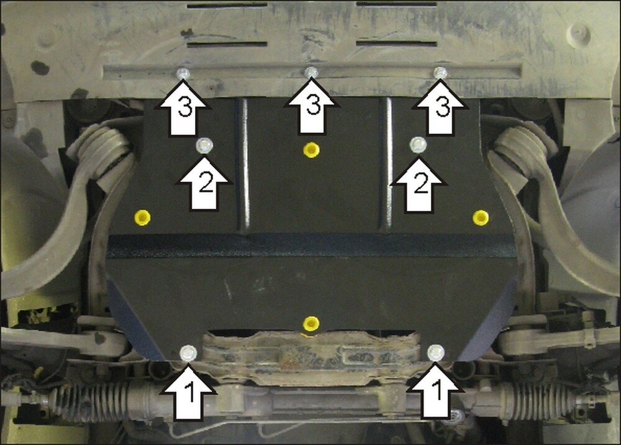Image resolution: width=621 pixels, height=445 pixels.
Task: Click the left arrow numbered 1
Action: point(189,392)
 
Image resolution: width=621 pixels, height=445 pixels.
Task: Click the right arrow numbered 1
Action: point(436,392)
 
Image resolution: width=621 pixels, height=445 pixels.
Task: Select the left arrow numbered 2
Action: point(204,184)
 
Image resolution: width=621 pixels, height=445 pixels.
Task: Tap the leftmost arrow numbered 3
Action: point(183,108)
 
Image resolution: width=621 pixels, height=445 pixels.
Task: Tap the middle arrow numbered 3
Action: point(312,106)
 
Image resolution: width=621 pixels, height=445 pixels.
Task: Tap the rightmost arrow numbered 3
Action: point(440,107)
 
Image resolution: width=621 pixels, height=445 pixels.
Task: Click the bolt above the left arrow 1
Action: point(188,352)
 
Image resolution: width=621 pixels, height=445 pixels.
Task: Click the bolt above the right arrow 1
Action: point(436,352)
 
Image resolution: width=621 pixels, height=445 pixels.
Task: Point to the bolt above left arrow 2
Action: point(204,145)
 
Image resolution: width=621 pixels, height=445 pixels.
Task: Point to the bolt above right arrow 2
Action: point(418,145)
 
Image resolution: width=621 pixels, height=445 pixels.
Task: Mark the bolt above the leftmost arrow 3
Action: point(183,73)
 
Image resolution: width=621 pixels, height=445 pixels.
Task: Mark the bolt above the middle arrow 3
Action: point(311,72)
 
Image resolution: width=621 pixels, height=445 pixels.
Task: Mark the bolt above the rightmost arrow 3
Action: point(440,73)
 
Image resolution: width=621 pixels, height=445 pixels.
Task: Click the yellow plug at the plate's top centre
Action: point(311,150)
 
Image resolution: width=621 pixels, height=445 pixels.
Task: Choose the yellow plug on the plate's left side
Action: point(142,218)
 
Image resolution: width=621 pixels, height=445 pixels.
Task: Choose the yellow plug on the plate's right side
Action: point(481,218)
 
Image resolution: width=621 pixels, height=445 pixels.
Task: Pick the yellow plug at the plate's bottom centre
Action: point(311,324)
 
